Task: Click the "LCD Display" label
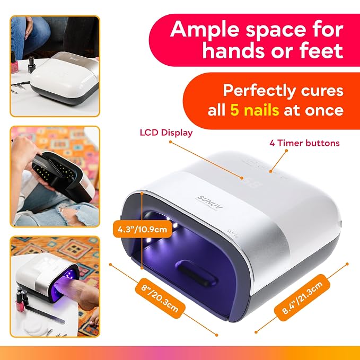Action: click(x=166, y=133)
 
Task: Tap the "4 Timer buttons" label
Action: click(x=304, y=143)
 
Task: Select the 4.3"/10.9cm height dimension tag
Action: click(x=142, y=229)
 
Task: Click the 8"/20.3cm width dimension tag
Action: click(x=160, y=298)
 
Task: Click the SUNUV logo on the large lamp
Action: click(x=210, y=202)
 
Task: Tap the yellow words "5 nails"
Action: click(x=254, y=110)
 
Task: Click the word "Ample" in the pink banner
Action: click(x=205, y=30)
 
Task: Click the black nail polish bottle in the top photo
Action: click(x=31, y=65)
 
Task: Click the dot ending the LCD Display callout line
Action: click(x=242, y=178)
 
